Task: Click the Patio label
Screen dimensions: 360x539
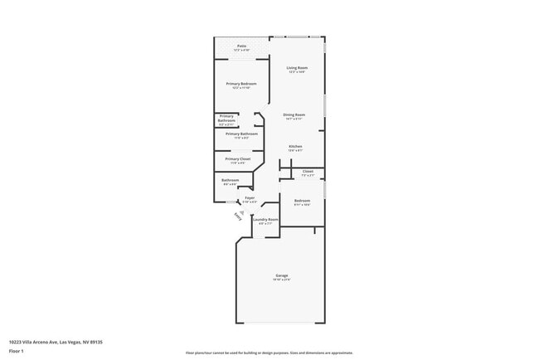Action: [x=241, y=46]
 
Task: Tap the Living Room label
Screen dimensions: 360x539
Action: [x=297, y=68]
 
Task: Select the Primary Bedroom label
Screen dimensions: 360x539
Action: [x=241, y=84]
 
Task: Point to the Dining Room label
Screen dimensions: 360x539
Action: [x=294, y=114]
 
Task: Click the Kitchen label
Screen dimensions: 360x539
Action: [x=295, y=146]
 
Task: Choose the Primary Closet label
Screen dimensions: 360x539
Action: [x=238, y=158]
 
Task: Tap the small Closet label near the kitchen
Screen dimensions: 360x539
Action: [x=308, y=172]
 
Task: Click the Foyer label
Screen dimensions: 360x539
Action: [x=250, y=198]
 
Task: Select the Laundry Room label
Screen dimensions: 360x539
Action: [x=265, y=219]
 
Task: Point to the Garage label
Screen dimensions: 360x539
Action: [x=282, y=275]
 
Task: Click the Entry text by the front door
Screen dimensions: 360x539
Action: [x=239, y=216]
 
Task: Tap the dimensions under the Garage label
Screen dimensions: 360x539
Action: [x=282, y=280]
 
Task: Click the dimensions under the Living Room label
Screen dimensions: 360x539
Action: [x=297, y=73]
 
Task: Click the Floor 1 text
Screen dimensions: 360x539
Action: [x=17, y=351]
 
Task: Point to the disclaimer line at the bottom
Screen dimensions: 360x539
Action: [x=269, y=353]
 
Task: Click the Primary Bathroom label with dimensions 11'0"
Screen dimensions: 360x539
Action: [x=241, y=134]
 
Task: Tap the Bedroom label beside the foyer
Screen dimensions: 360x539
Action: [x=302, y=200]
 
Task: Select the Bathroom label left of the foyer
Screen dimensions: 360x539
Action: [x=230, y=180]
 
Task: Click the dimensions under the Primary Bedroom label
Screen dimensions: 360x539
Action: [x=241, y=89]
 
